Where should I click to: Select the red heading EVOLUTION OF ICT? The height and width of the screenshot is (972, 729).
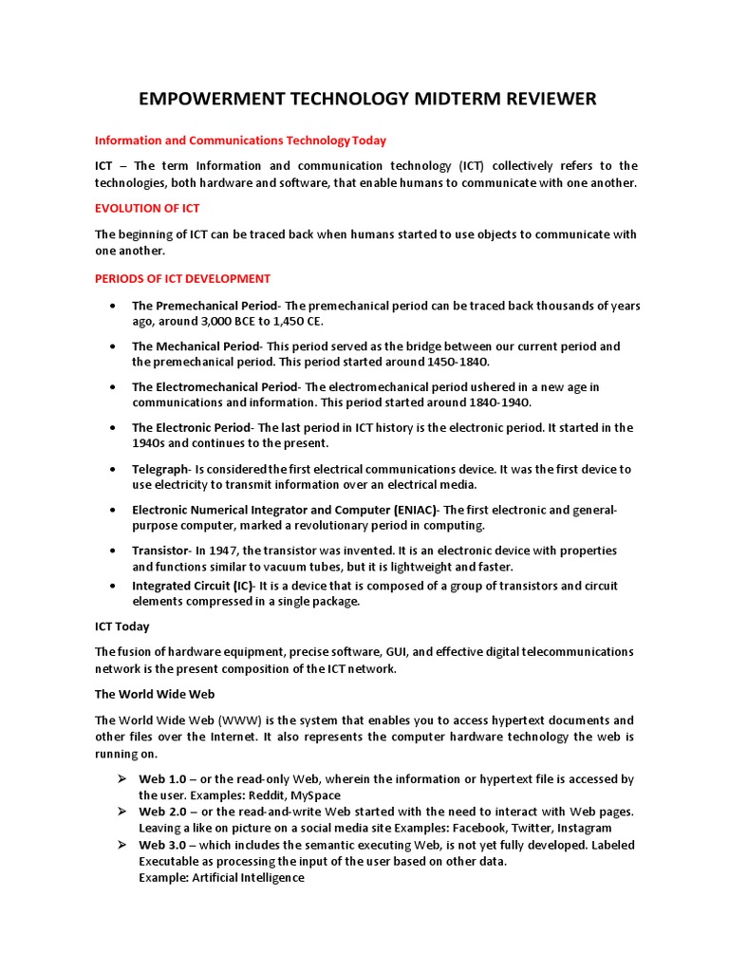[147, 208]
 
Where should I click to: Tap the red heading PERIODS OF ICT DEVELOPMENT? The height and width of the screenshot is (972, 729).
[182, 278]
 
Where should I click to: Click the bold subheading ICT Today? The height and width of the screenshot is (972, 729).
[121, 626]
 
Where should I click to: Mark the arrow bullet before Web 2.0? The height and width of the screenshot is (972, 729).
[121, 812]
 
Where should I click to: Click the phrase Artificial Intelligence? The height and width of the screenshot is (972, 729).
[248, 877]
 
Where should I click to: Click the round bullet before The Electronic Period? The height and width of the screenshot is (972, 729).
[113, 428]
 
